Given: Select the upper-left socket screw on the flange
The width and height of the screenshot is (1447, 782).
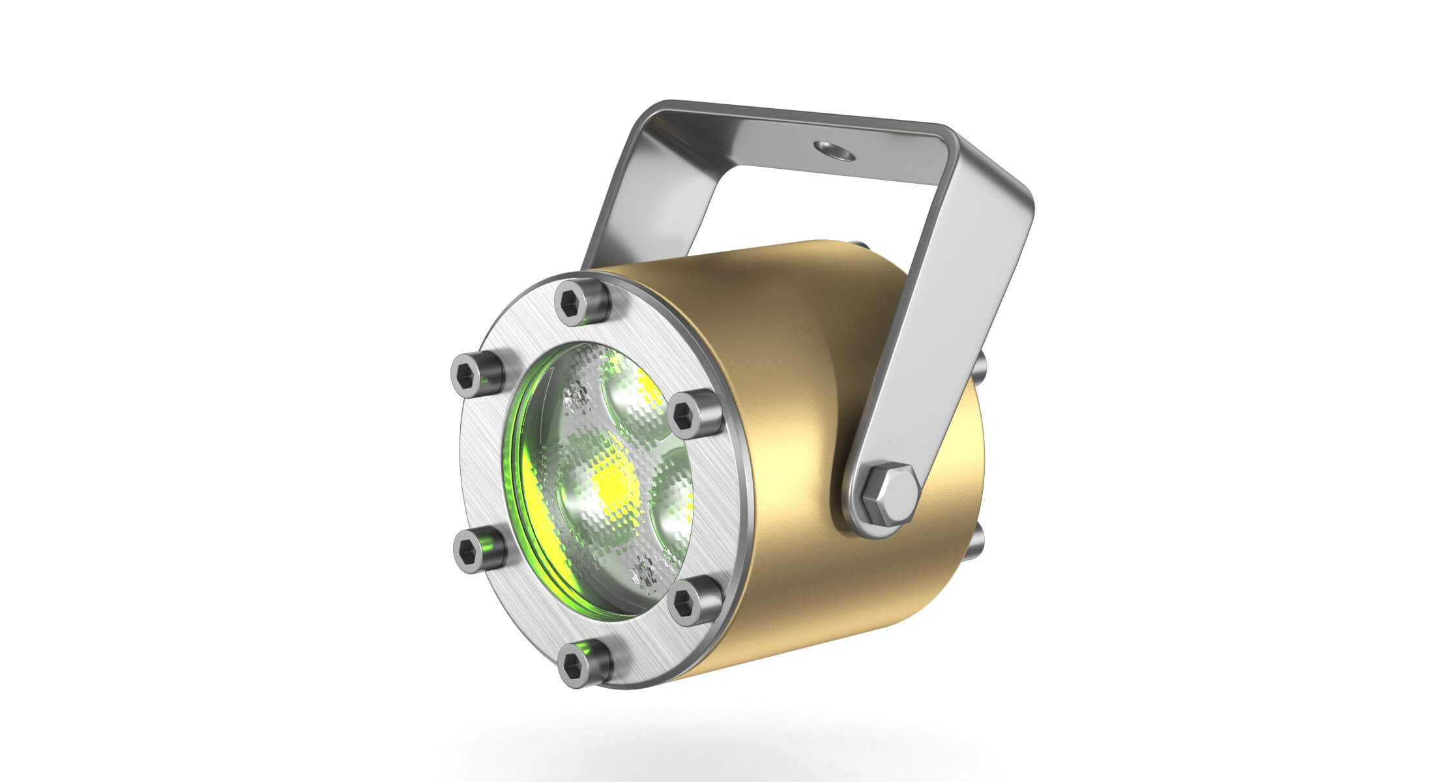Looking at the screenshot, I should tap(477, 376).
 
